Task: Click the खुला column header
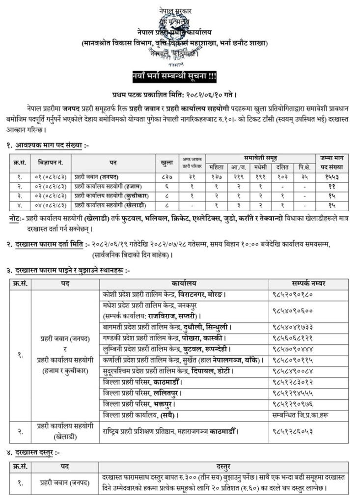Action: point(166,162)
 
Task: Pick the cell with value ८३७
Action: point(166,176)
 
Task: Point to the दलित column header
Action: point(282,166)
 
